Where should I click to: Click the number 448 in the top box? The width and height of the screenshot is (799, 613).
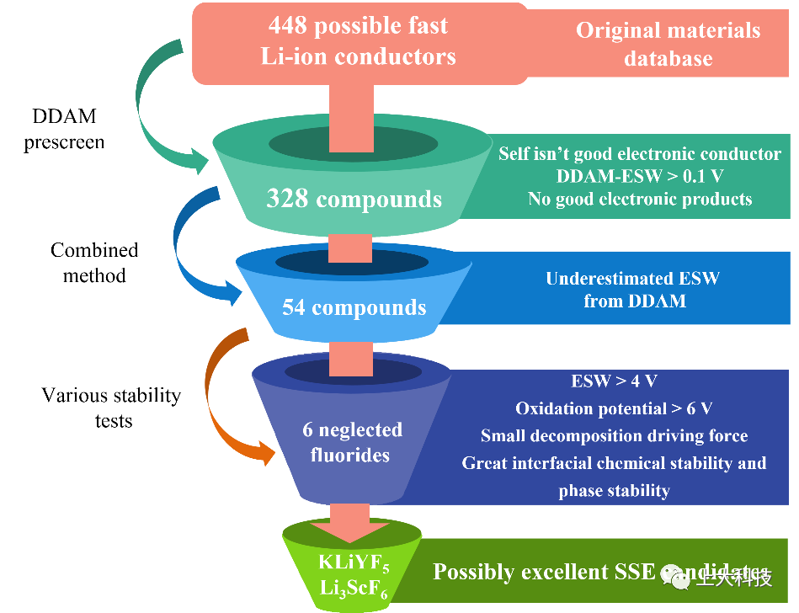pyautogui.click(x=288, y=25)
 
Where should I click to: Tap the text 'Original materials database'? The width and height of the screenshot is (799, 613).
pyautogui.click(x=668, y=44)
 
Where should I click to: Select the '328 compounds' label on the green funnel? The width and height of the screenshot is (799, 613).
pyautogui.click(x=354, y=199)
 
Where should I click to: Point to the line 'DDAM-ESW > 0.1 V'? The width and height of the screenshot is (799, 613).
pyautogui.click(x=640, y=177)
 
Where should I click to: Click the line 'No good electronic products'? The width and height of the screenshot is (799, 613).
pyautogui.click(x=640, y=200)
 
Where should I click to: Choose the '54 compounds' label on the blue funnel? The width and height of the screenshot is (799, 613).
pyautogui.click(x=354, y=307)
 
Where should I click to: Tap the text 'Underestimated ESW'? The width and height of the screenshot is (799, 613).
pyautogui.click(x=633, y=279)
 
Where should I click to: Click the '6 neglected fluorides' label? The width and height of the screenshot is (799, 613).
pyautogui.click(x=352, y=442)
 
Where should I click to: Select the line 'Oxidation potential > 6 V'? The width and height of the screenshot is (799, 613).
pyautogui.click(x=614, y=408)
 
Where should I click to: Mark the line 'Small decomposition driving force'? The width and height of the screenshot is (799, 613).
pyautogui.click(x=614, y=435)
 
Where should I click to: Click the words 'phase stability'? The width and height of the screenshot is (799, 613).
pyautogui.click(x=614, y=491)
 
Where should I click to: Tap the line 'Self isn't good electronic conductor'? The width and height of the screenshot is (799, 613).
pyautogui.click(x=640, y=154)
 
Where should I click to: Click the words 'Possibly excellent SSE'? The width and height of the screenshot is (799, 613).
pyautogui.click(x=543, y=573)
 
